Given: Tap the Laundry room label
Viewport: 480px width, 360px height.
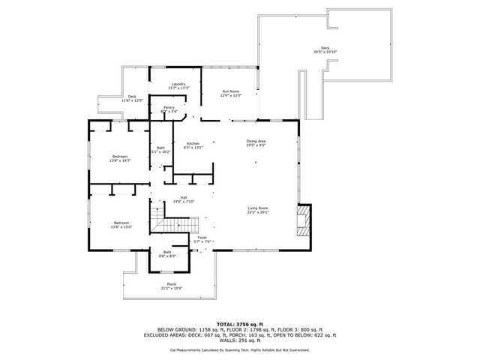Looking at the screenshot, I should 178,83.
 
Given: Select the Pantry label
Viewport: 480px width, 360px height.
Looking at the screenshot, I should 169,108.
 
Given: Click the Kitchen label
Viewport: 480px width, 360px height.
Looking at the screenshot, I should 193,143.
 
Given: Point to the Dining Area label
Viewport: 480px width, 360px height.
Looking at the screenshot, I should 256,140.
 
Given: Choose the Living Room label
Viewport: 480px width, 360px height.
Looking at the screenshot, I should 258,208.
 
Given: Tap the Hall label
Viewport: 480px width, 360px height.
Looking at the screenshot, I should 184,197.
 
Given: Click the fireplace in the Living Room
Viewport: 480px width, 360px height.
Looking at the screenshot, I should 303,222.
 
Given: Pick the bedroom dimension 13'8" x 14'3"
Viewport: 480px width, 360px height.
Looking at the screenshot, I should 120,160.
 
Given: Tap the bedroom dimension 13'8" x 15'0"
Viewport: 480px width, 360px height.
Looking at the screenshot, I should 121,226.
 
